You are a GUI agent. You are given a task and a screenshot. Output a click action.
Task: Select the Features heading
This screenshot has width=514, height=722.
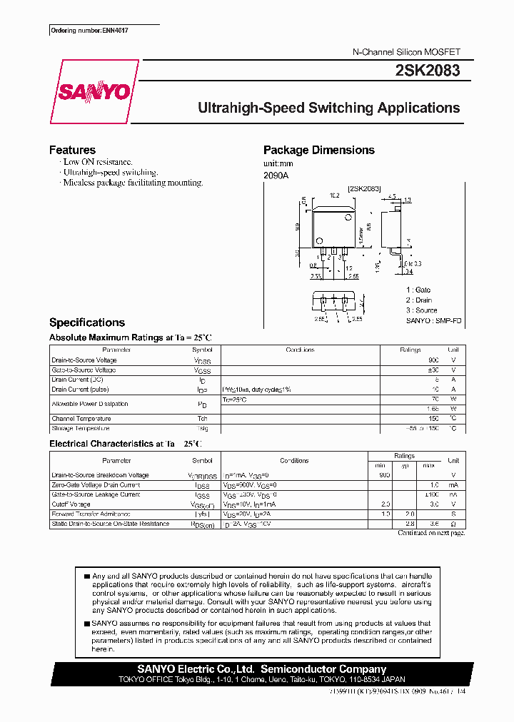coord(72,150)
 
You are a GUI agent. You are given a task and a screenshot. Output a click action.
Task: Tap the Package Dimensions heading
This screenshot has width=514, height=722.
coord(318,150)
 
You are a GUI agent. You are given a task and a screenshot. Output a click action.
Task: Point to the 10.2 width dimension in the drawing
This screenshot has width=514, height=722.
coord(334,194)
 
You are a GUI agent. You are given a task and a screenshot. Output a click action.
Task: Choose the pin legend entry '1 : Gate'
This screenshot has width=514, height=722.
coord(418,290)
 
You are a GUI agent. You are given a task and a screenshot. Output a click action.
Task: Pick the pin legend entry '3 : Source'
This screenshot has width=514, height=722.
coord(421,310)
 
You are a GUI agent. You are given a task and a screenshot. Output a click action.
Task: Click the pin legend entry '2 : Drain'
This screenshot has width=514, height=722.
coord(419,300)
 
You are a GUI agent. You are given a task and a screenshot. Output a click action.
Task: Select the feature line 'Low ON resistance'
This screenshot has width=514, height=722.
coord(98,162)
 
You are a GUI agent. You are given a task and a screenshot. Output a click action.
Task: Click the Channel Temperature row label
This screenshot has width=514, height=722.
coord(81,419)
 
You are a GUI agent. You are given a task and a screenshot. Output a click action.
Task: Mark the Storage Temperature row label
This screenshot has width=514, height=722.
coord(81,429)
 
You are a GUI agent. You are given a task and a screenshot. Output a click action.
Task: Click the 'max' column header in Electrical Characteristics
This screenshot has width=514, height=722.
coord(428,465)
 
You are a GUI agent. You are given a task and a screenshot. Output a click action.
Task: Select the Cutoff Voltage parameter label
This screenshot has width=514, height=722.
coord(72,504)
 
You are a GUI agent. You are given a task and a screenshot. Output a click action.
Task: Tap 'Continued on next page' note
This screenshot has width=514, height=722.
coord(430,533)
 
